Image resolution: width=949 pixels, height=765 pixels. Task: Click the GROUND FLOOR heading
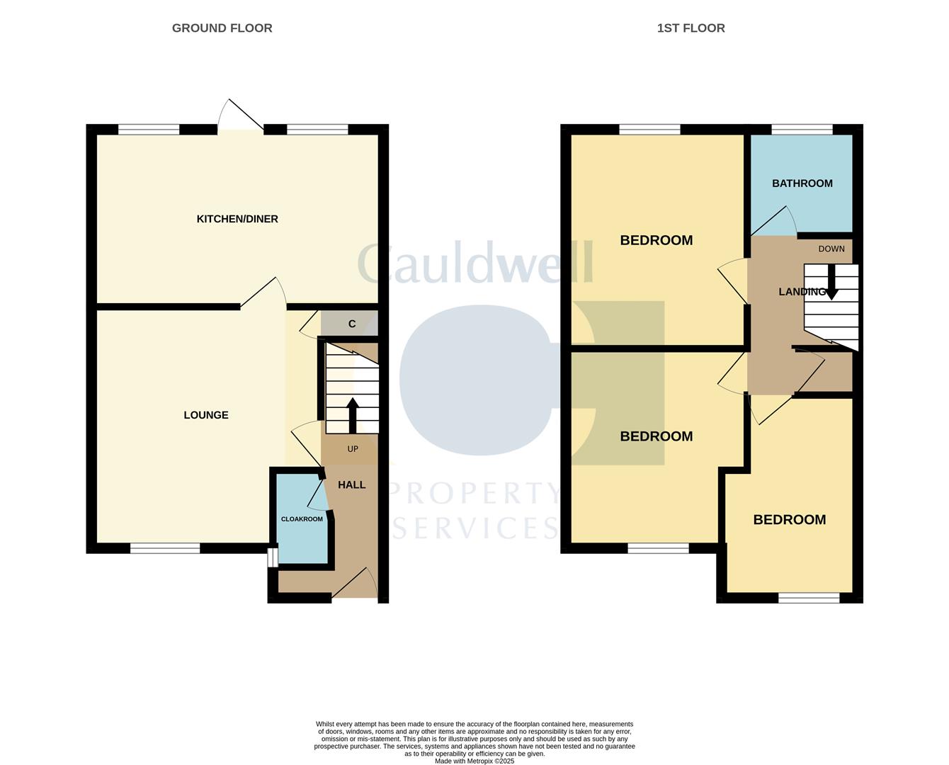(x=222, y=28)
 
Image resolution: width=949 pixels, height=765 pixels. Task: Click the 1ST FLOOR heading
(x=691, y=28)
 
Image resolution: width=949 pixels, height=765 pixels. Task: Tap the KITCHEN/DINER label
(x=237, y=219)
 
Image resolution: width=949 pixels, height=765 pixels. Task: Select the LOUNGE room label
(x=206, y=415)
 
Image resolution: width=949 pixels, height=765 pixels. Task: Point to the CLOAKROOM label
(x=302, y=519)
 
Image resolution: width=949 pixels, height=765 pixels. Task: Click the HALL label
(x=351, y=485)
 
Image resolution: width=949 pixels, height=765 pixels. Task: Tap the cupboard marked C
(x=351, y=324)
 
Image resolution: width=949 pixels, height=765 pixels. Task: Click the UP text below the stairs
(x=353, y=449)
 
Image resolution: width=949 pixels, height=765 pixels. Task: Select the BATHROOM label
(x=802, y=183)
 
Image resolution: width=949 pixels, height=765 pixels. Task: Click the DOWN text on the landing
(x=831, y=249)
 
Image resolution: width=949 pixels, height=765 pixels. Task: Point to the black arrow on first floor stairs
(x=832, y=283)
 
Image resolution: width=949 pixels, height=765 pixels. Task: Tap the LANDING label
(x=801, y=292)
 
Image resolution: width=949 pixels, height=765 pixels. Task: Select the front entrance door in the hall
(x=356, y=584)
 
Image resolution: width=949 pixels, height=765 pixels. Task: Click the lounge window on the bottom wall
(x=165, y=548)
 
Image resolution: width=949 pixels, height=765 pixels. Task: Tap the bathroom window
(x=802, y=129)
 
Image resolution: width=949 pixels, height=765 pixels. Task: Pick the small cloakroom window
(x=271, y=557)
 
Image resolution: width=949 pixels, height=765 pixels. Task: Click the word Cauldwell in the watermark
(x=474, y=264)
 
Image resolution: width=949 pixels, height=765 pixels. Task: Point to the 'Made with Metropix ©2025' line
(x=474, y=761)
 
